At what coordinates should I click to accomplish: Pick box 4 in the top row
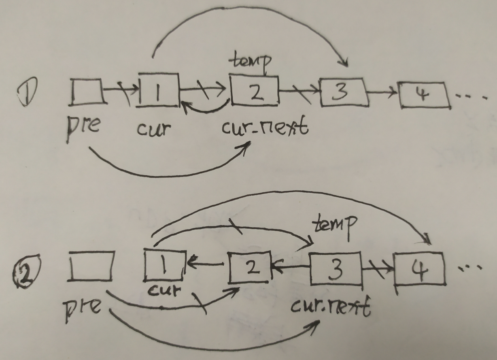coord(424,96)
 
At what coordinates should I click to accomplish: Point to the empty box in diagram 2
coord(91,266)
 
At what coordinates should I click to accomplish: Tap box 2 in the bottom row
coord(249,267)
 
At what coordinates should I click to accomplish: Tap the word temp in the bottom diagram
coord(336,224)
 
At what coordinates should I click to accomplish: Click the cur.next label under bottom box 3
coord(331,309)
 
